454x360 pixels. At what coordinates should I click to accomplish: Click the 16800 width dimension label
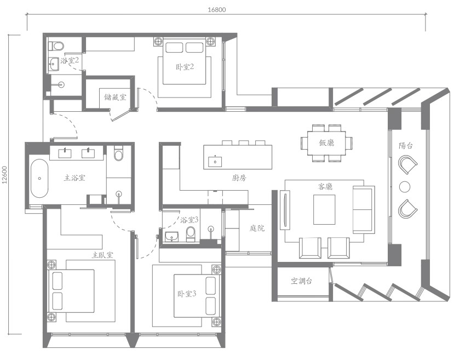216,9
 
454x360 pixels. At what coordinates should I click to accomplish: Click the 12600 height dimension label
4,175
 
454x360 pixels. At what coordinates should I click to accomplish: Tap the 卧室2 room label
185,67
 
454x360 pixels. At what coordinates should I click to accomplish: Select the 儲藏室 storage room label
115,97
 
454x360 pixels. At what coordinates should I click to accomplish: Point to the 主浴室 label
74,178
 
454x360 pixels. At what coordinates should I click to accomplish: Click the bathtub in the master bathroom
39,178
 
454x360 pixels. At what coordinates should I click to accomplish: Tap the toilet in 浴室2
56,46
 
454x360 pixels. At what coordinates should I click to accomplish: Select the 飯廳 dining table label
326,142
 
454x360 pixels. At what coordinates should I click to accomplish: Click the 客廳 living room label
325,186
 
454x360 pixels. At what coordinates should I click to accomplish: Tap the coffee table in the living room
324,209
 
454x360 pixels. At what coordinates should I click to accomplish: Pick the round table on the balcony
405,187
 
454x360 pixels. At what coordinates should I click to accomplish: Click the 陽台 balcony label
405,146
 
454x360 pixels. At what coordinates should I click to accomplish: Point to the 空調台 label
301,281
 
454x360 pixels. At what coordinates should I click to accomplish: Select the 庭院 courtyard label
257,228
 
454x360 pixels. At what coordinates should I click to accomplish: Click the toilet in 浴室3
191,234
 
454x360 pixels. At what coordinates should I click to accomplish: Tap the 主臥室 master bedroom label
102,255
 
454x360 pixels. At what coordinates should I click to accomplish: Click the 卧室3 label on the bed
187,294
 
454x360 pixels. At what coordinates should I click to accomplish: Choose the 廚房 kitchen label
239,178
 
